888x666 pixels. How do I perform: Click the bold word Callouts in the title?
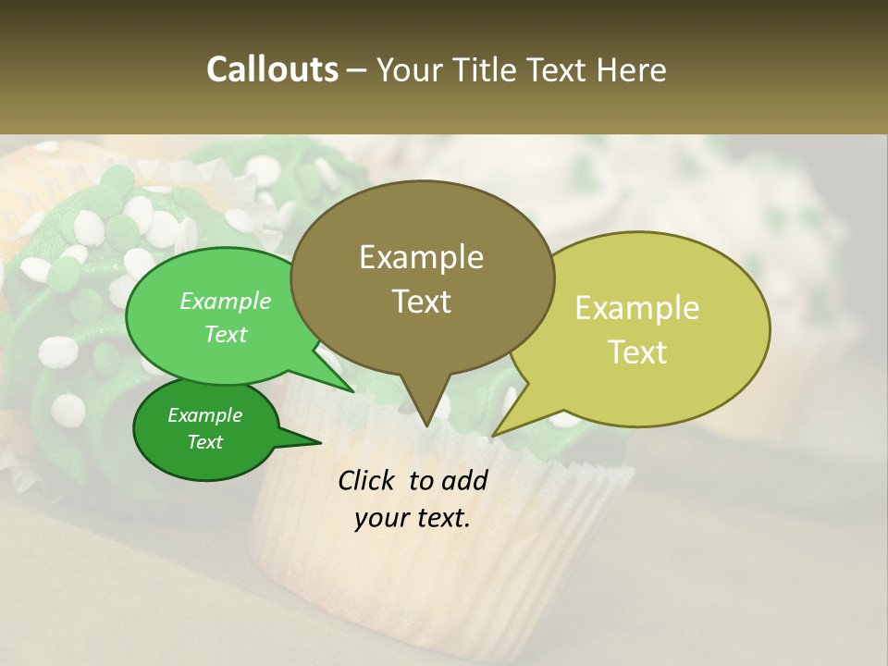(x=272, y=69)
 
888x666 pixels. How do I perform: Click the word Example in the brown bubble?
(x=421, y=257)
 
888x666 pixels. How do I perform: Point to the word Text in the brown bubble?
(x=421, y=302)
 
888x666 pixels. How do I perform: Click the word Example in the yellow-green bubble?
(x=637, y=308)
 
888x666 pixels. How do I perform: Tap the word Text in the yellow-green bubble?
(x=637, y=352)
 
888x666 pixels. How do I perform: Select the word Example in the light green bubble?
(x=226, y=301)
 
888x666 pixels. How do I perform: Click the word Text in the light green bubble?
(x=226, y=334)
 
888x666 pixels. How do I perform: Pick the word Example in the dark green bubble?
(x=204, y=415)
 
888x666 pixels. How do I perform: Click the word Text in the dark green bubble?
(x=204, y=442)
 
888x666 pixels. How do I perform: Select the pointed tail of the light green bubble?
(x=351, y=390)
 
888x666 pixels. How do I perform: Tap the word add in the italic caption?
(x=465, y=480)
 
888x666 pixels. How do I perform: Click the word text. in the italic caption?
(x=441, y=518)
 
